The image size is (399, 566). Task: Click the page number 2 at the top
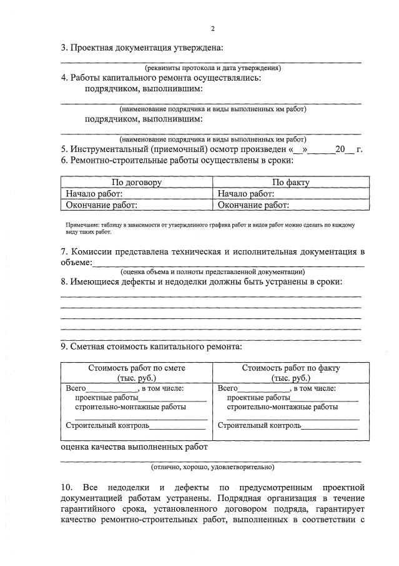coord(212,29)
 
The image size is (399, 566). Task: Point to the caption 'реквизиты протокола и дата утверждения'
coord(212,68)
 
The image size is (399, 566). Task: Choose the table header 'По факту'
coord(290,183)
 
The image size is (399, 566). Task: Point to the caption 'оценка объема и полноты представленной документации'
coord(212,272)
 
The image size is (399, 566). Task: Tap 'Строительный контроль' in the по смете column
coord(107,426)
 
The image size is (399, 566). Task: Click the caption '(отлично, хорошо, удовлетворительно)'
coord(212,467)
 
